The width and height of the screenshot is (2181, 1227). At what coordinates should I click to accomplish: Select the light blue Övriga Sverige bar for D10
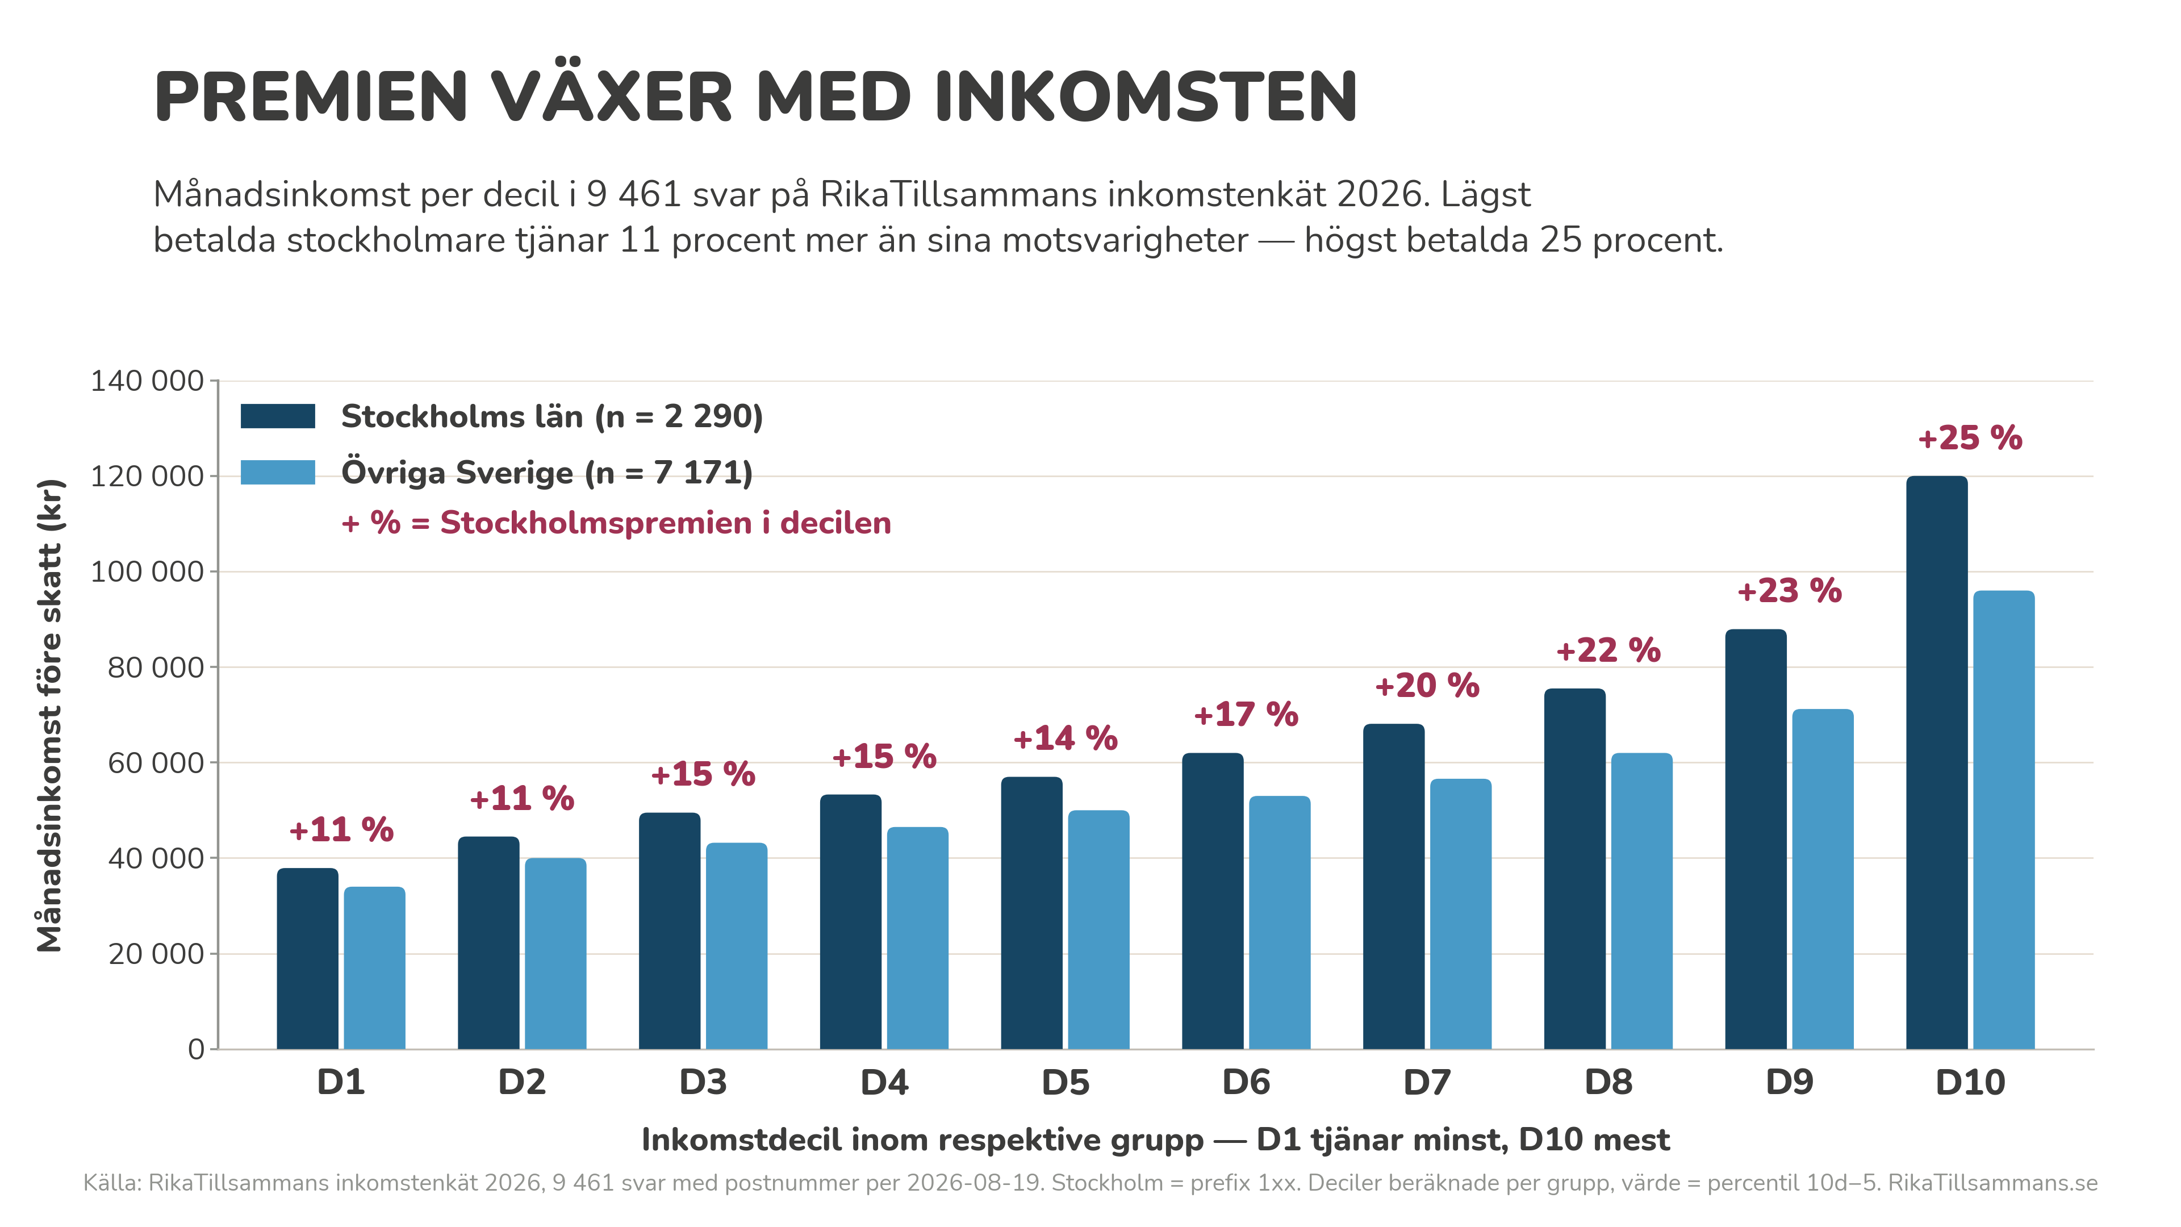point(2003,820)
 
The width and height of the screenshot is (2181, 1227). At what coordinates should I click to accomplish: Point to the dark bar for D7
point(1394,887)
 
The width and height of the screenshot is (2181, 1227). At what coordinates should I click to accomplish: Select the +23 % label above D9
point(1789,590)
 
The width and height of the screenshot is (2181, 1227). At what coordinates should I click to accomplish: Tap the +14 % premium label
point(1065,738)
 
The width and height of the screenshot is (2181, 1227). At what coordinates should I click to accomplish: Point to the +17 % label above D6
point(1246,715)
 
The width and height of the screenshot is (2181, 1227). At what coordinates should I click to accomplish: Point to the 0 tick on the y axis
point(197,1050)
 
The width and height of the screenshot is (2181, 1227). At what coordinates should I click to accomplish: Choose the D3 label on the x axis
point(703,1082)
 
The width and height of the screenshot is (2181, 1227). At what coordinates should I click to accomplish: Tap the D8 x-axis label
point(1608,1082)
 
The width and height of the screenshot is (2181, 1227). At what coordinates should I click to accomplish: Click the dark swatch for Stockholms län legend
point(278,416)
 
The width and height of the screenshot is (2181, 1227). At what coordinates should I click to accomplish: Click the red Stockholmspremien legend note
point(616,523)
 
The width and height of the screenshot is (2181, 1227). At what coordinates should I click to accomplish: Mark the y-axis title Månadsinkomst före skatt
point(50,716)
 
